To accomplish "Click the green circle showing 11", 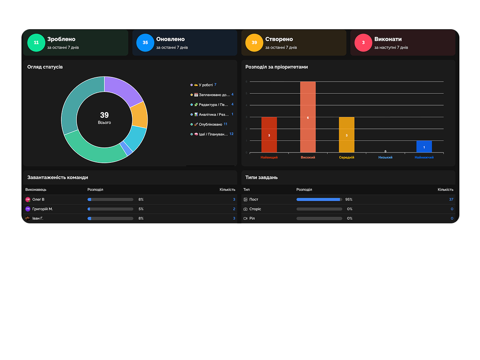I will (36, 43).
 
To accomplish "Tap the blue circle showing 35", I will (145, 43).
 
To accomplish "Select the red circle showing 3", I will (363, 43).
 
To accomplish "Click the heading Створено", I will (279, 39).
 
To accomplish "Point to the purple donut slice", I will (124, 90).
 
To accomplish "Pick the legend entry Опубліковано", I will (210, 124).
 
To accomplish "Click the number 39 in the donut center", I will (104, 115).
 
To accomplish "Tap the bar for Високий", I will (308, 117).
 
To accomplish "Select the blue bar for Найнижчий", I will (424, 146).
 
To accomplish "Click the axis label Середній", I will (346, 157).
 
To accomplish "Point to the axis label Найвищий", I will (269, 157).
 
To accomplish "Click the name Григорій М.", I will (43, 209).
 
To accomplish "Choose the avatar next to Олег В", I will (28, 199).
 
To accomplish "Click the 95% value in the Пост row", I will (349, 199).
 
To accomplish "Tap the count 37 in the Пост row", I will (451, 199).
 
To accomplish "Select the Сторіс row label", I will (255, 209).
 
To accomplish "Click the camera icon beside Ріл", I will (246, 218).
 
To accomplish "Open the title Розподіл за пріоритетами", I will (276, 67).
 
